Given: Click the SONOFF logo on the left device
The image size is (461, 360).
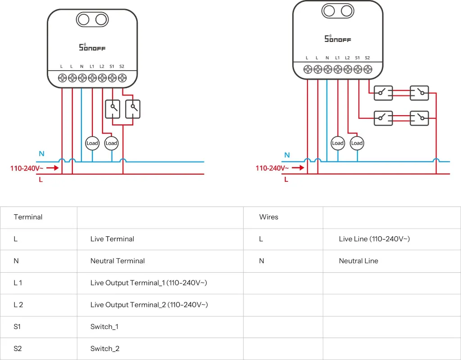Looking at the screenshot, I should pyautogui.click(x=92, y=47).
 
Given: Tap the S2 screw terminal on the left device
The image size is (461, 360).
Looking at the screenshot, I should pyautogui.click(x=122, y=78).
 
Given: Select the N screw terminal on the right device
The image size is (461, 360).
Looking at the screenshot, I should pyautogui.click(x=327, y=69).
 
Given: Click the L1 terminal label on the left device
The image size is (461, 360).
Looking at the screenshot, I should pyautogui.click(x=92, y=67).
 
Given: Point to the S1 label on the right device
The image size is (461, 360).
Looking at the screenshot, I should pyautogui.click(x=357, y=58).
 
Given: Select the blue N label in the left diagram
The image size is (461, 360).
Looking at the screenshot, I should pyautogui.click(x=41, y=154).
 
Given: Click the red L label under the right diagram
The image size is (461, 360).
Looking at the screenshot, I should pyautogui.click(x=286, y=179).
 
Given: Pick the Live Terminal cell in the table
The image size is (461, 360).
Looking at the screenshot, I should pyautogui.click(x=112, y=239).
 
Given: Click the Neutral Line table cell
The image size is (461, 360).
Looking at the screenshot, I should pyautogui.click(x=358, y=261).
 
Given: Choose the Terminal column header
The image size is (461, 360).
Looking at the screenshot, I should pyautogui.click(x=28, y=217).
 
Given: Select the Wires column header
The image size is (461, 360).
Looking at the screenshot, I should pyautogui.click(x=269, y=217).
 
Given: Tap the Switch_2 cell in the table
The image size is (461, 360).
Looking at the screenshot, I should pyautogui.click(x=104, y=349).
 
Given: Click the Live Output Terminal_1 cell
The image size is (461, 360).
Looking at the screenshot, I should pyautogui.click(x=149, y=283).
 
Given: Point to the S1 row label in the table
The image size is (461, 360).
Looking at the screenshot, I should pyautogui.click(x=17, y=327).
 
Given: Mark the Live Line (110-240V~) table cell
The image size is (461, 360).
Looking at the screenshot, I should pyautogui.click(x=374, y=239).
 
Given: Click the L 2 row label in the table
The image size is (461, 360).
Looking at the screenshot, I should pyautogui.click(x=18, y=305).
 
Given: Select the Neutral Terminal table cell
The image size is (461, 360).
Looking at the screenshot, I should pyautogui.click(x=118, y=261).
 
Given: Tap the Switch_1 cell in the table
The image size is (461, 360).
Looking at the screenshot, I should pyautogui.click(x=104, y=327).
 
